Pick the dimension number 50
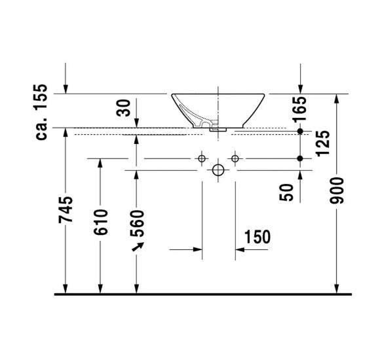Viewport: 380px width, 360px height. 287,192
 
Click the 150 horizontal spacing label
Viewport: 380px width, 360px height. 256,237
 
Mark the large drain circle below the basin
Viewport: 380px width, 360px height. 218,171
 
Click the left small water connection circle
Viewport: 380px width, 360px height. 202,158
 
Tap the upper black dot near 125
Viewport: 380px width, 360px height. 300,132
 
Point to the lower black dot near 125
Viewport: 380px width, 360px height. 300,158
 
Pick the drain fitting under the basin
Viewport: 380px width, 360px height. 218,130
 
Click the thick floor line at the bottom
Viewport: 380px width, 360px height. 203,294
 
